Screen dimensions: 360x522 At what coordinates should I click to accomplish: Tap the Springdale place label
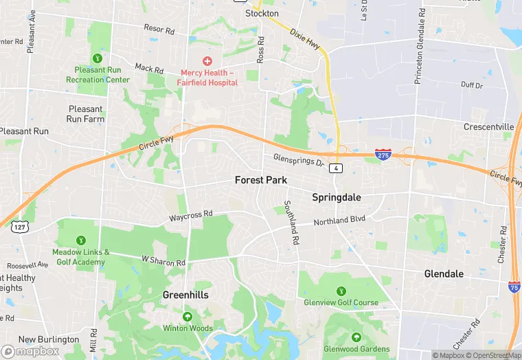tap(337, 197)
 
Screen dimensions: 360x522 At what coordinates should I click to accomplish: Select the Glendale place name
tap(443, 273)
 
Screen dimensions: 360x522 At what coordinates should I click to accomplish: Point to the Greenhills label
tap(185, 295)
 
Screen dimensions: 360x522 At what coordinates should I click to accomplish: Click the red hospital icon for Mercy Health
tap(207, 61)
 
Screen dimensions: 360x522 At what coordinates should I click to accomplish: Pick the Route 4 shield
tap(336, 168)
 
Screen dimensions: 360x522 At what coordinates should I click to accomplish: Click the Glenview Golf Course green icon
tap(341, 291)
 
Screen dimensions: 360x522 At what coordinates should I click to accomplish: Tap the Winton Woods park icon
tap(188, 317)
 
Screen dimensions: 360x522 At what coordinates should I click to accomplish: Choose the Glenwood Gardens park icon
tap(356, 337)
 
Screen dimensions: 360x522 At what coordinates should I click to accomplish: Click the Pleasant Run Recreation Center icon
tap(97, 58)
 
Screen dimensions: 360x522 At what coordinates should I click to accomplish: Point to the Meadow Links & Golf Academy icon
tap(81, 240)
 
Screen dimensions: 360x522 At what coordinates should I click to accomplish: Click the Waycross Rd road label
tap(191, 216)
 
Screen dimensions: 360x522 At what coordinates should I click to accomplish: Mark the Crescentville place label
tap(489, 127)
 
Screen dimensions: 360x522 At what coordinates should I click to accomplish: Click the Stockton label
tap(262, 13)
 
